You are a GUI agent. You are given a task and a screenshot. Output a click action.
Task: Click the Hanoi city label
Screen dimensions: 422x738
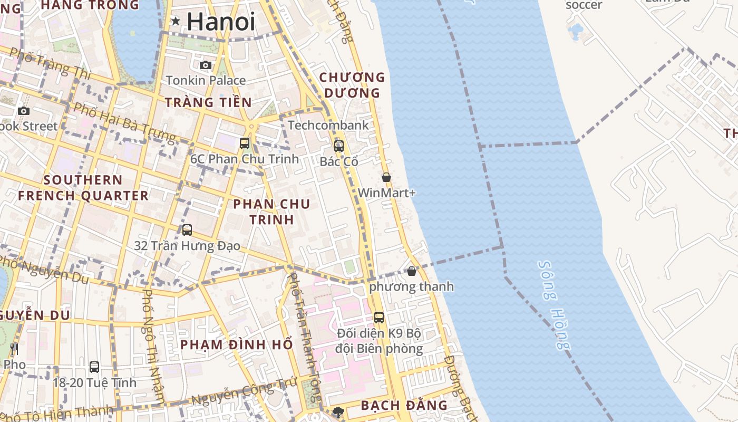(220, 22)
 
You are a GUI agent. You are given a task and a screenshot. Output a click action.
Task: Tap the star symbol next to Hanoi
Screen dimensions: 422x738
(176, 21)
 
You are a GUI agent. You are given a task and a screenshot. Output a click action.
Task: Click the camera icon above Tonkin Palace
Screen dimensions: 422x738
(206, 65)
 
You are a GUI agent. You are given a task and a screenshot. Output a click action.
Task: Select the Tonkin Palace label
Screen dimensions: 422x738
(206, 81)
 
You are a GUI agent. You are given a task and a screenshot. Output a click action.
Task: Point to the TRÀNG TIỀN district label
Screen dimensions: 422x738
(208, 102)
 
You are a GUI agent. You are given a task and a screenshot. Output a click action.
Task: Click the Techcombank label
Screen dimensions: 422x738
(328, 126)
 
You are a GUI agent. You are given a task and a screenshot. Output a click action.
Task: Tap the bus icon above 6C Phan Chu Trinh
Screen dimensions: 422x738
(245, 143)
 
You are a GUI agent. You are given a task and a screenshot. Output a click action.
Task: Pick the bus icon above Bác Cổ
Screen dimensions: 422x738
(339, 146)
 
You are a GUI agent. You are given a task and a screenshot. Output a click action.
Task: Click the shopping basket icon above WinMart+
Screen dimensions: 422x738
(386, 177)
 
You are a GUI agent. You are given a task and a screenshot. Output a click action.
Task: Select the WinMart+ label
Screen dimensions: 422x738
(386, 193)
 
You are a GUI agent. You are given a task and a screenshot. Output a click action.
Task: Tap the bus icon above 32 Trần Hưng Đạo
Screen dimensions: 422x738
(187, 230)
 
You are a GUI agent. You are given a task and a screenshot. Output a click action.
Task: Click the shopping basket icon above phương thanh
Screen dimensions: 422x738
(412, 271)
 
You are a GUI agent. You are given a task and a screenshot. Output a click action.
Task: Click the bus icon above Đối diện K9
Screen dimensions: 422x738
(379, 318)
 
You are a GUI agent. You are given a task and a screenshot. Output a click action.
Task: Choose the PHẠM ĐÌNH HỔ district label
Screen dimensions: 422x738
(236, 345)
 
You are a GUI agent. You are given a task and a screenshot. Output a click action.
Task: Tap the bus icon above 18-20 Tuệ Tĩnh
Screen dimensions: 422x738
(94, 367)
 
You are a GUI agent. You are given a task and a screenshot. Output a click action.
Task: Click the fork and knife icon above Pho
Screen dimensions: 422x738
(14, 349)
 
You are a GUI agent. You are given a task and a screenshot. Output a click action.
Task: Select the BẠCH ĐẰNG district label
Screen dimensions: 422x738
(404, 406)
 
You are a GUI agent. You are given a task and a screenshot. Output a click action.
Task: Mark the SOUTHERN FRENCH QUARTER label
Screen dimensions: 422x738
(83, 188)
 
